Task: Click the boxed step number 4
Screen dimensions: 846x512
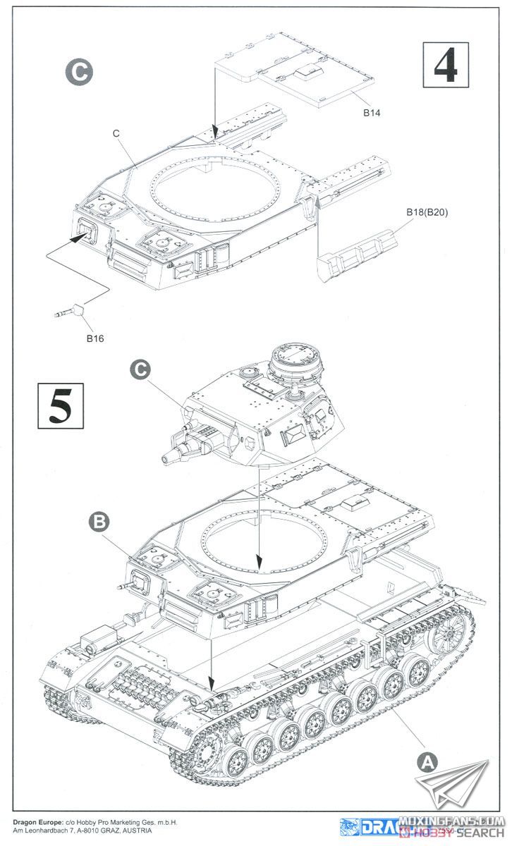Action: tap(445, 65)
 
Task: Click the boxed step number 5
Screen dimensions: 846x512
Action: tap(60, 405)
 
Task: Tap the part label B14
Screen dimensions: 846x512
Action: tap(372, 113)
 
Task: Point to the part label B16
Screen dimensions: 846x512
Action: tap(95, 338)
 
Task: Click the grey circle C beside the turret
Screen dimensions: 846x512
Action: tap(141, 369)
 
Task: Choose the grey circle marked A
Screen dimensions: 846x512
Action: tap(425, 761)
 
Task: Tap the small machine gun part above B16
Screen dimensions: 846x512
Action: tap(68, 310)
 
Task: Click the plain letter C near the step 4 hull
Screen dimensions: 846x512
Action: tap(116, 133)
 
